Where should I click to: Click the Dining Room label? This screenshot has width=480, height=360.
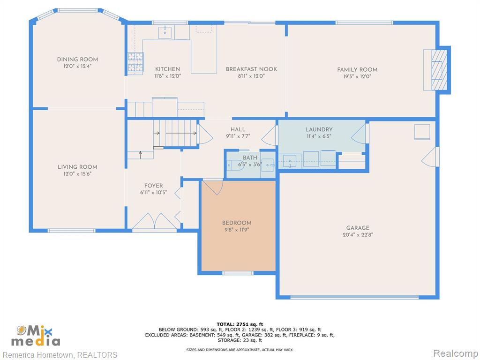pos(77,60)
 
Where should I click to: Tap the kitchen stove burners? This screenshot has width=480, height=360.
pos(135,63)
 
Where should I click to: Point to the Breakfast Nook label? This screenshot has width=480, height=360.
pos(251,69)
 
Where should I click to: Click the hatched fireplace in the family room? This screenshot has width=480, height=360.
pos(439,70)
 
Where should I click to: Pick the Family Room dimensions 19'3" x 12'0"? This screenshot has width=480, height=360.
pos(357,76)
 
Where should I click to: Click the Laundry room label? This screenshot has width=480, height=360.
pos(319,129)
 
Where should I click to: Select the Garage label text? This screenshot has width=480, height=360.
pos(358,228)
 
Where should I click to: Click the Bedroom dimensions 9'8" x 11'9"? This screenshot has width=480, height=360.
pos(237,230)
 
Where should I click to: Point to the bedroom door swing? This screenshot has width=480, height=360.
pos(213,187)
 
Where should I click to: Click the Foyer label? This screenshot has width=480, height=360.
pos(154,186)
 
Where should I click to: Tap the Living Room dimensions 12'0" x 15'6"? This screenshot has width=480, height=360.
pos(77,174)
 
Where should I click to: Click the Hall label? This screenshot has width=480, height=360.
pos(238,129)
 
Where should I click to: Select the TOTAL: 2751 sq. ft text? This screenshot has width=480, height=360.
pos(240,324)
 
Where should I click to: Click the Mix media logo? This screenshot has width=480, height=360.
pos(36,336)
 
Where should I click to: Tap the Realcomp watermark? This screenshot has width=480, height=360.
pos(455,353)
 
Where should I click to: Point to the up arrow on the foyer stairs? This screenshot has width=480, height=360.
pos(141,155)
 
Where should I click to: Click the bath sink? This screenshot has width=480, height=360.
pos(268,165)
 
